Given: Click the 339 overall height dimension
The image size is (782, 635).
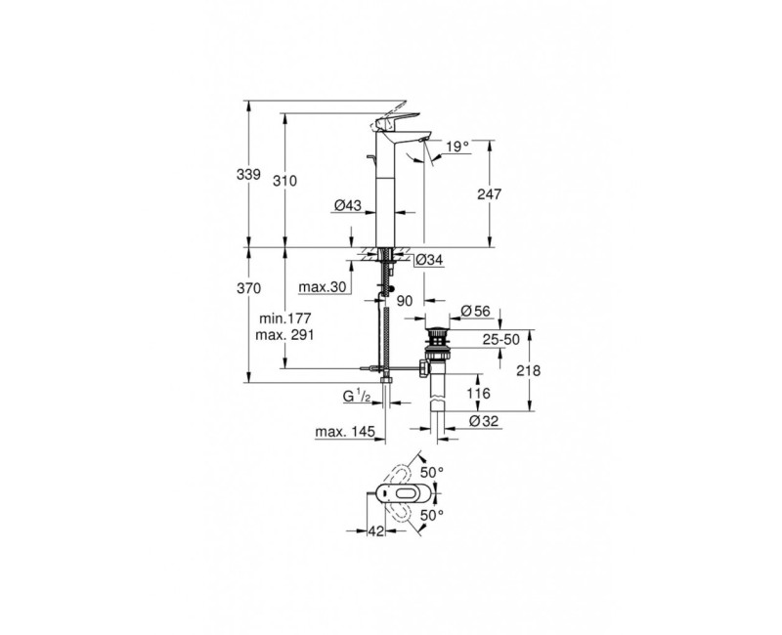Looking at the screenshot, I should [249, 175].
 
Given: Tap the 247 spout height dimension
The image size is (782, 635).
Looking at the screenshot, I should [490, 194].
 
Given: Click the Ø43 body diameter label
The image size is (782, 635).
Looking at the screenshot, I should [348, 206].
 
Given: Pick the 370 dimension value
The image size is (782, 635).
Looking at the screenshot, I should [249, 289].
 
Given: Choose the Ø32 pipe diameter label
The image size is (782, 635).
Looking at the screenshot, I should [484, 420].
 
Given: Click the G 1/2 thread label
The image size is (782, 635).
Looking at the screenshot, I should [354, 397].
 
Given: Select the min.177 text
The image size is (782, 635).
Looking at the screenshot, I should [285, 318].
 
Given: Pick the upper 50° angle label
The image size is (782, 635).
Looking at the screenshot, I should [431, 472].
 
